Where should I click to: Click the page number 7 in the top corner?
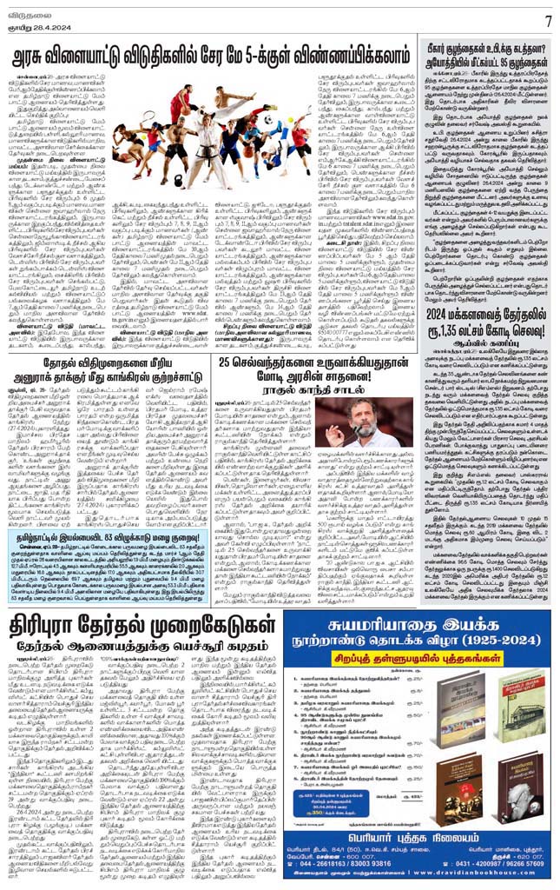pyautogui.click(x=548, y=20)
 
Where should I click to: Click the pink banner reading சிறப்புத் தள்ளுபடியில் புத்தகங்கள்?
pyautogui.click(x=425, y=661)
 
